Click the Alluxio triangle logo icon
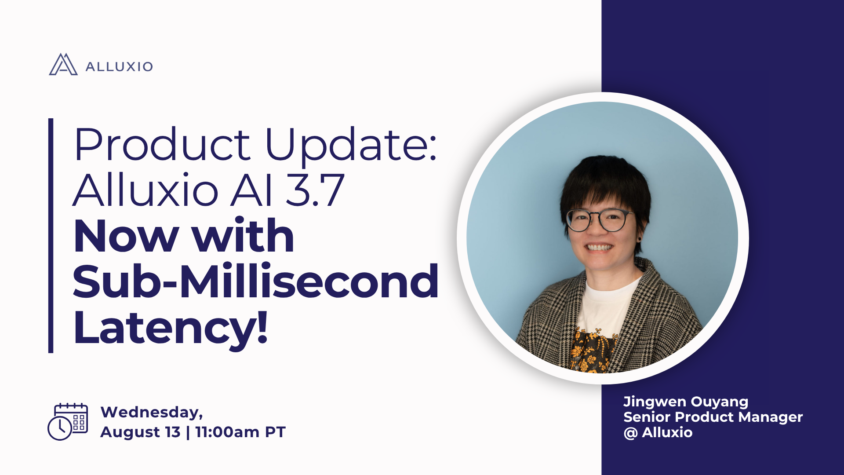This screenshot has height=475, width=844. [63, 65]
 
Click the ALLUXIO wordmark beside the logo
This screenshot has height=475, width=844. [119, 67]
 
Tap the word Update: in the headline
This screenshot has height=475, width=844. [351, 144]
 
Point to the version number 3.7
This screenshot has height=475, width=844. [315, 190]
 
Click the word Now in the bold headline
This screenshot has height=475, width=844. [126, 236]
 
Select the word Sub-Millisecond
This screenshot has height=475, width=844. [255, 281]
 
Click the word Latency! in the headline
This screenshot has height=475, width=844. [171, 328]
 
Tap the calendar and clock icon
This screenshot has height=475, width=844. [68, 421]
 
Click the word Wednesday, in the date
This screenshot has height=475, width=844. [152, 412]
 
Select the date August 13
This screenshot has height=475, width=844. [140, 432]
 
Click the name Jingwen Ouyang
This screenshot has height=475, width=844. [686, 402]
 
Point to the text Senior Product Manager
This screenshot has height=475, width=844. [713, 417]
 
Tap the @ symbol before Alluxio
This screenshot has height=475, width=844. [630, 433]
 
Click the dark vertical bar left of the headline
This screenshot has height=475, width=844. [51, 235]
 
